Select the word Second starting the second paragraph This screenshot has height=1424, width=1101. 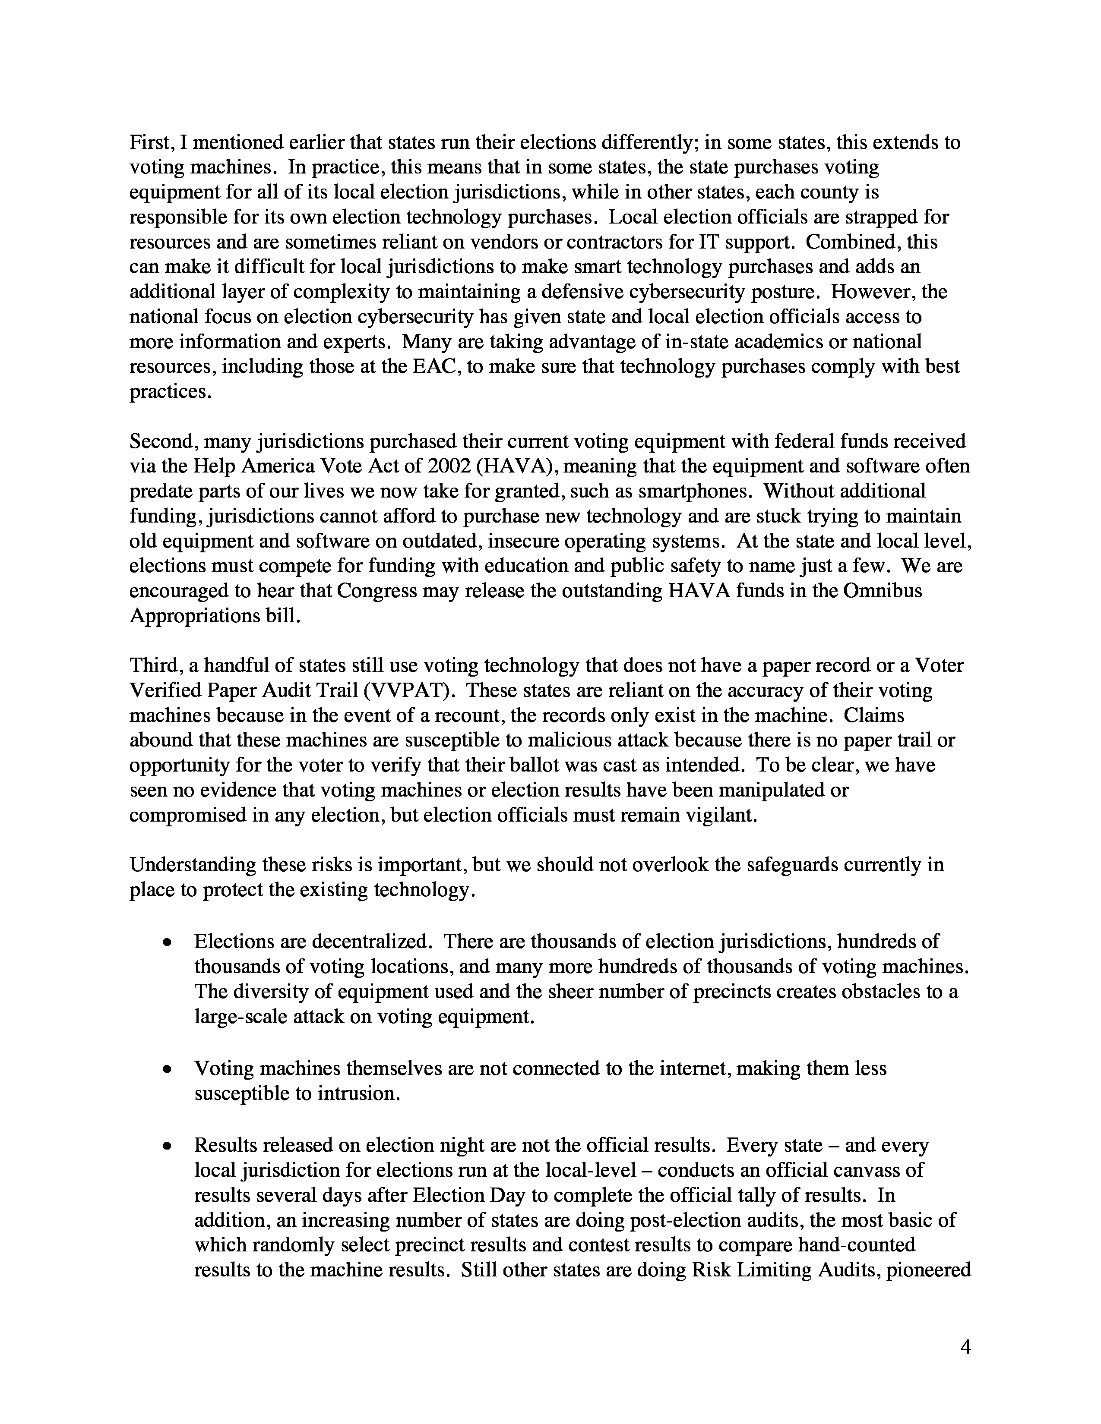pyautogui.click(x=163, y=441)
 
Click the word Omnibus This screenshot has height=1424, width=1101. pyautogui.click(x=883, y=591)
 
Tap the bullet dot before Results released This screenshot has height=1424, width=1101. pyautogui.click(x=168, y=1146)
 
